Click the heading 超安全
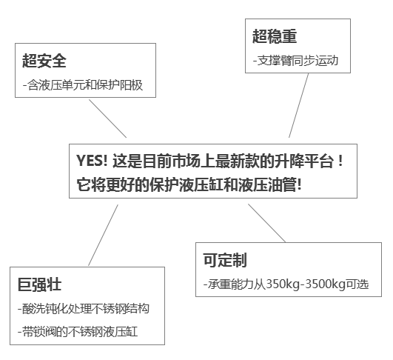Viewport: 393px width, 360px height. click(x=44, y=61)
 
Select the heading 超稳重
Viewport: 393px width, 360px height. click(x=275, y=36)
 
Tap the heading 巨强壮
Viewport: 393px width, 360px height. click(x=40, y=284)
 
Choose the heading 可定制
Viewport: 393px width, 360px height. click(x=225, y=260)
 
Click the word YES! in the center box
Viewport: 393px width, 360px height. click(x=92, y=161)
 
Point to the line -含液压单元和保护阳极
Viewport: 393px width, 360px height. click(x=83, y=85)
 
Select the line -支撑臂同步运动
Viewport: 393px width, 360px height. click(x=295, y=61)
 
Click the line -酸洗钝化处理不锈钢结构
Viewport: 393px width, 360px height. click(x=84, y=309)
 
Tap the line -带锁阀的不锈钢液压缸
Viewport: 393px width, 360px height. click(x=78, y=332)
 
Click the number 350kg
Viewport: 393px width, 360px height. click(x=283, y=284)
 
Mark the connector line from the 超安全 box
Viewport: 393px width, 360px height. click(x=108, y=119)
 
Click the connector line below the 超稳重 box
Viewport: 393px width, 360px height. click(x=298, y=105)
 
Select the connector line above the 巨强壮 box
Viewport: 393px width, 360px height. click(x=103, y=235)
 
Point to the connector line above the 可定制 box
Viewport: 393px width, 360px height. click(x=267, y=223)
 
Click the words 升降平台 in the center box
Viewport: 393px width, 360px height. click(x=304, y=161)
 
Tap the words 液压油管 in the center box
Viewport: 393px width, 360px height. click(x=267, y=185)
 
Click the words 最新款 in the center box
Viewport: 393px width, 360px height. click(x=237, y=161)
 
